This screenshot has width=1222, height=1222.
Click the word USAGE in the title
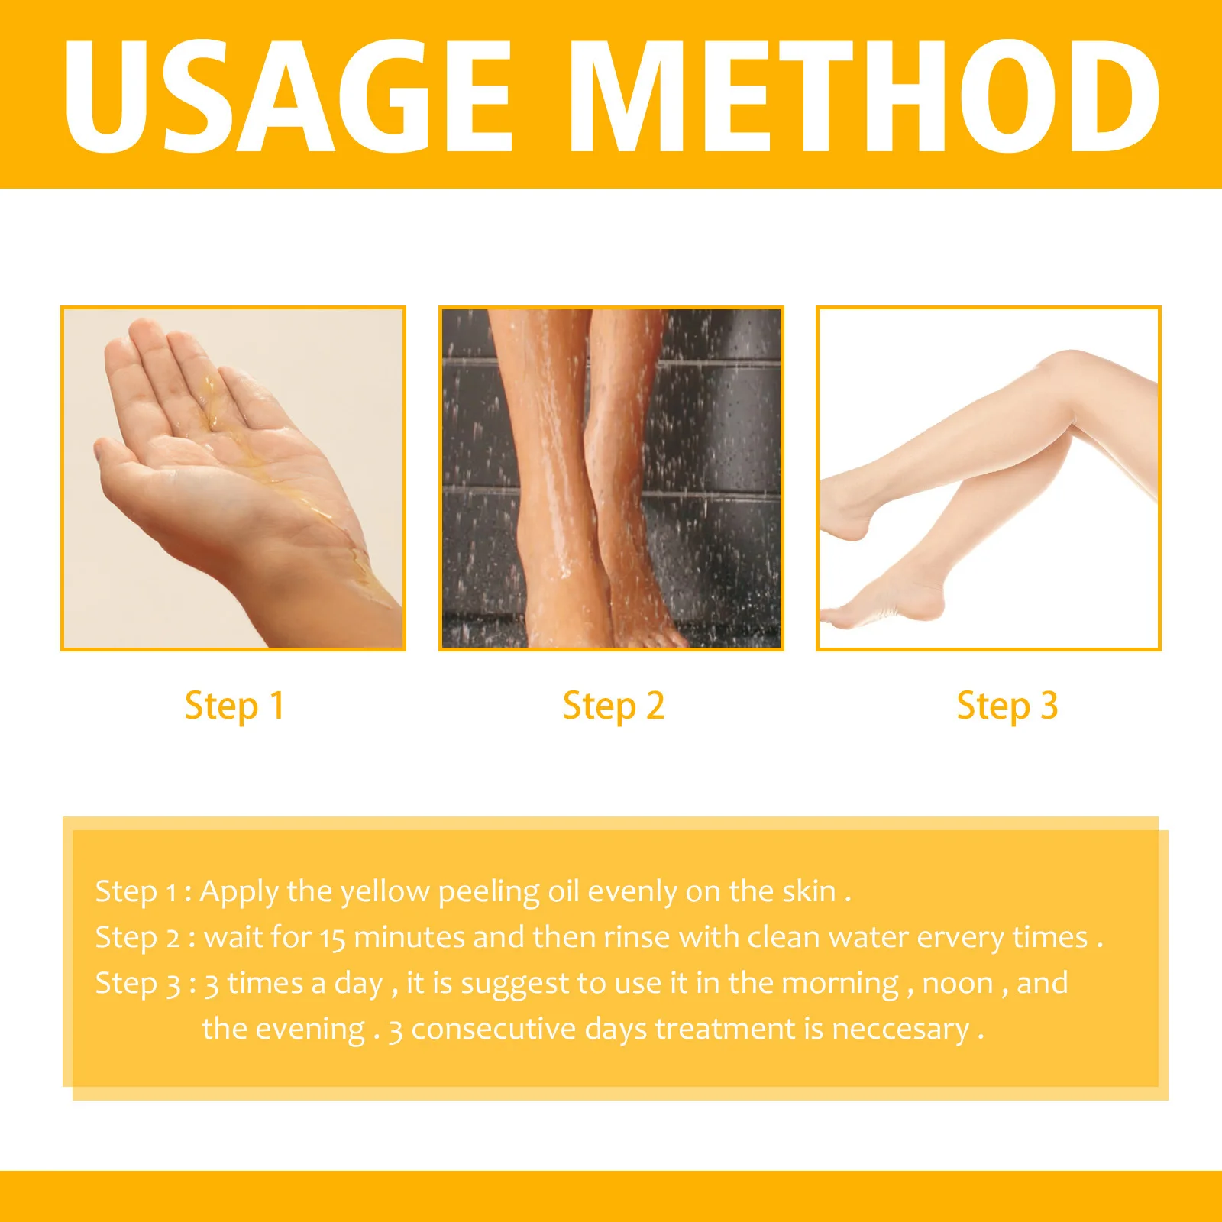click(x=289, y=95)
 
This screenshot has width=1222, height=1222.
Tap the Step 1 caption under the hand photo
click(x=234, y=706)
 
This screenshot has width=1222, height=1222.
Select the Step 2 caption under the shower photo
click(x=613, y=706)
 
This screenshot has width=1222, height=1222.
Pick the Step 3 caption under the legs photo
click(x=1007, y=706)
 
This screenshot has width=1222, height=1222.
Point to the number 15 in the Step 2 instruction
click(x=332, y=938)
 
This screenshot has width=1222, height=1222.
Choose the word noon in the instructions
click(x=958, y=984)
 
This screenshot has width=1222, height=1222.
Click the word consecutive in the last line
click(x=493, y=1030)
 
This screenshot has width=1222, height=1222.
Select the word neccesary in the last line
click(x=900, y=1030)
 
